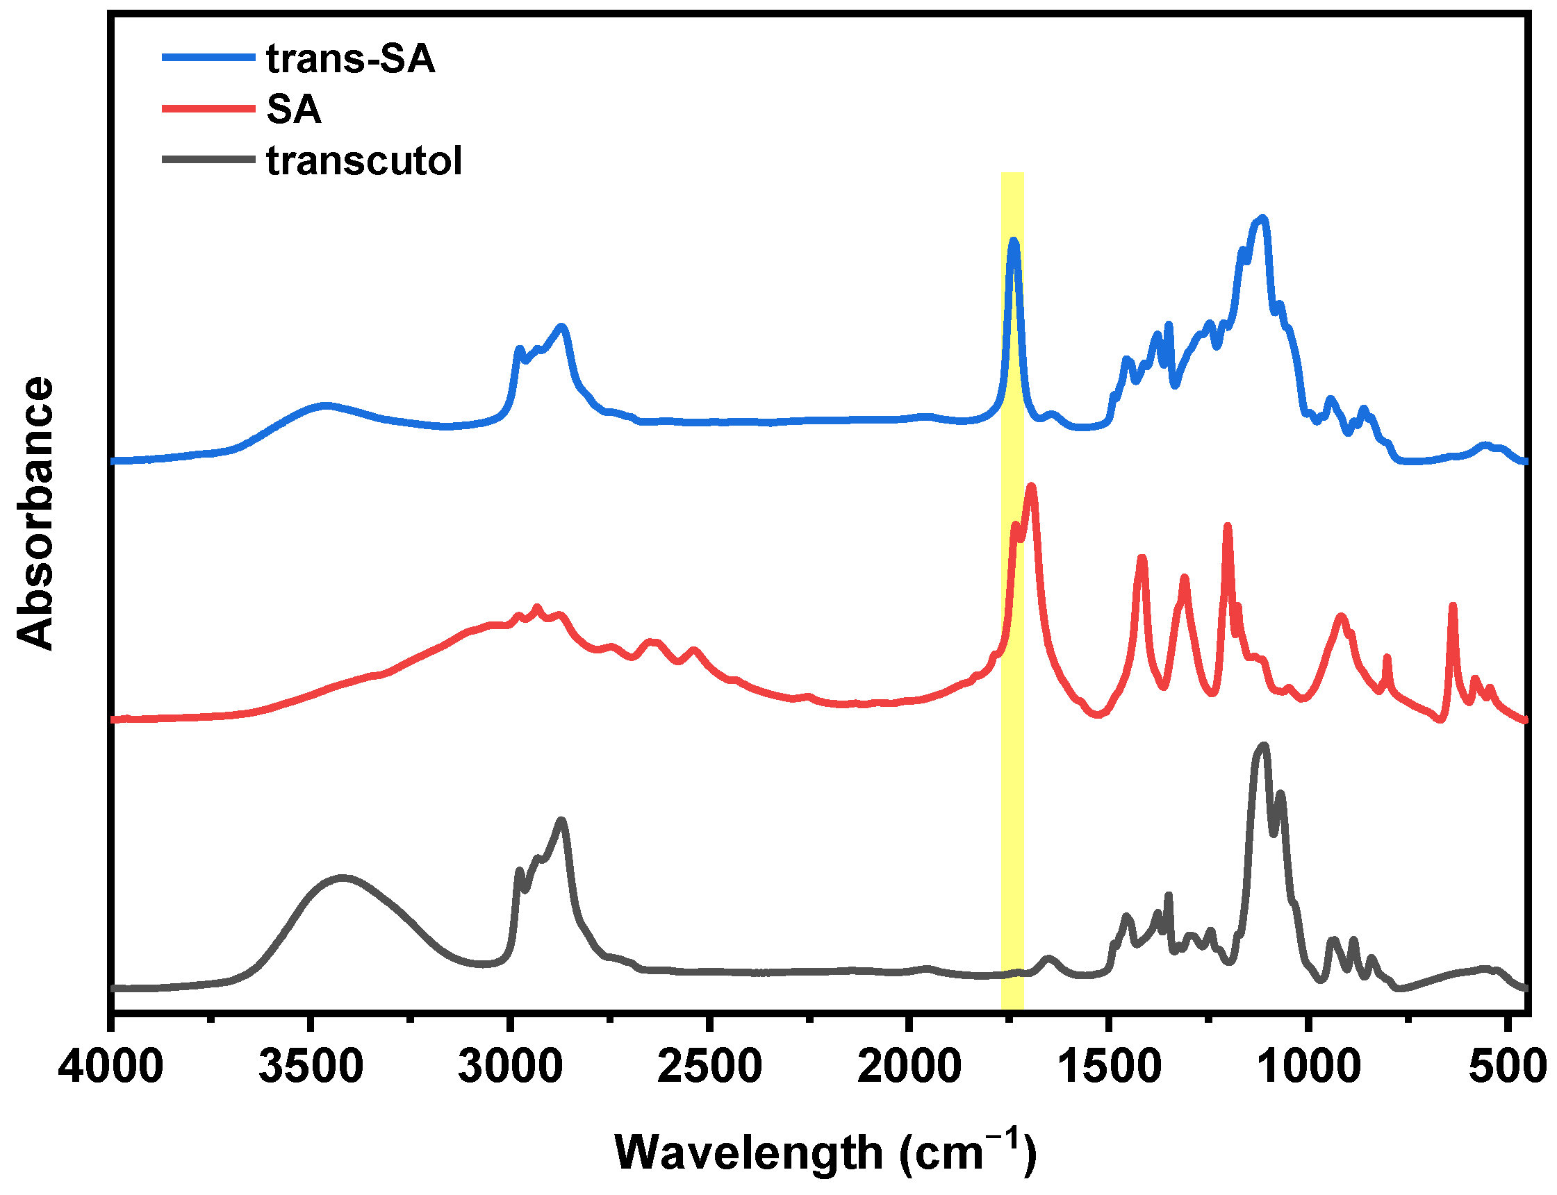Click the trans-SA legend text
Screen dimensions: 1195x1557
350,58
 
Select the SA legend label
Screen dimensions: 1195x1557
294,110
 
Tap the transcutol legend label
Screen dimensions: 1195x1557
364,161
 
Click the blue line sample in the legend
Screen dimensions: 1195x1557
208,57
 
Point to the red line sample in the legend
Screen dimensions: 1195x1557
208,108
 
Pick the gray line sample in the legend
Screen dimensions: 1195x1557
208,159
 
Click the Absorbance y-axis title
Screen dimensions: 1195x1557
35,512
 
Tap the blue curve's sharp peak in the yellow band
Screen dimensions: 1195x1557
1013,242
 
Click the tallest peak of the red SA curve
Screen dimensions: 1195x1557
1031,487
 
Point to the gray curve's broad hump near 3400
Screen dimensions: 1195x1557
343,878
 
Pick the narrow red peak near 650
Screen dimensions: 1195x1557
1452,605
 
